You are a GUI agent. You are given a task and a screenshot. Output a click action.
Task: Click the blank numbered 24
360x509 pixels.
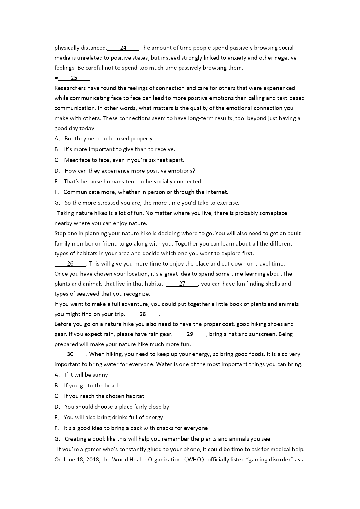point(123,48)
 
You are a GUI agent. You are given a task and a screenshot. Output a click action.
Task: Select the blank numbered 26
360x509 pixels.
point(70,264)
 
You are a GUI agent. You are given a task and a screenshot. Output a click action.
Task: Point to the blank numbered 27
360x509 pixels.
point(182,284)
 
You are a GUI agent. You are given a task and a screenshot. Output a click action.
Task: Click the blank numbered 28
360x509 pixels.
point(143,314)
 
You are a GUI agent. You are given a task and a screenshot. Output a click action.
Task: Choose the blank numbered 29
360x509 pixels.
point(190,334)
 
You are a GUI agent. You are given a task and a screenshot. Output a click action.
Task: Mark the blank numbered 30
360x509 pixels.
point(70,354)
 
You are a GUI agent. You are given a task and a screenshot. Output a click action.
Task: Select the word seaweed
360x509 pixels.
point(86,294)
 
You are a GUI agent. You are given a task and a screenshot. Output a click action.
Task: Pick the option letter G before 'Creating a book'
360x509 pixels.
point(57,439)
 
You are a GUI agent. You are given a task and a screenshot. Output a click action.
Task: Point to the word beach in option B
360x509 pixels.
point(113,386)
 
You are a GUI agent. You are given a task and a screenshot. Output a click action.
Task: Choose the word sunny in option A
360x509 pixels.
point(100,375)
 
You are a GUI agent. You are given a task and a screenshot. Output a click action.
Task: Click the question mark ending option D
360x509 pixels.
point(194,171)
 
